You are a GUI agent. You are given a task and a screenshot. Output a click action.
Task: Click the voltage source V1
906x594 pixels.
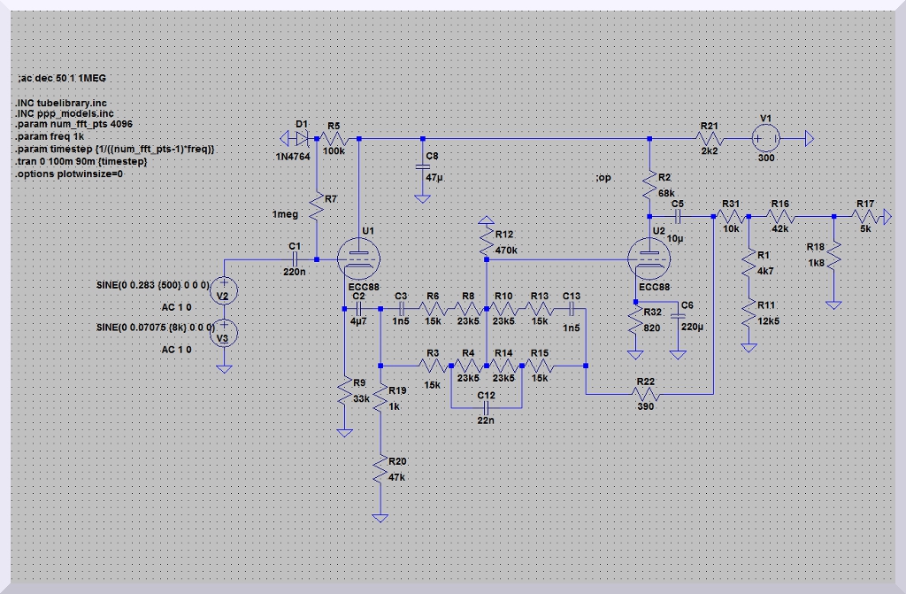(765, 139)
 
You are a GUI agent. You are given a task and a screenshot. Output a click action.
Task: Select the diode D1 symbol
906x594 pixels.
(303, 139)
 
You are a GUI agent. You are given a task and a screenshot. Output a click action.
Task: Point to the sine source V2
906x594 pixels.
(225, 295)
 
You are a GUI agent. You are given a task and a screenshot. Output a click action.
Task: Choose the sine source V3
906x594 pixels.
(225, 333)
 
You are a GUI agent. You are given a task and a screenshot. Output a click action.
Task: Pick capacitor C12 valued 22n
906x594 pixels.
(486, 408)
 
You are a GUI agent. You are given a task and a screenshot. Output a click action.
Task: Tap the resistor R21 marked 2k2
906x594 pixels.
(709, 139)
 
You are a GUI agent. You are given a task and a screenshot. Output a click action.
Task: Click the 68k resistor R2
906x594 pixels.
(650, 184)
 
